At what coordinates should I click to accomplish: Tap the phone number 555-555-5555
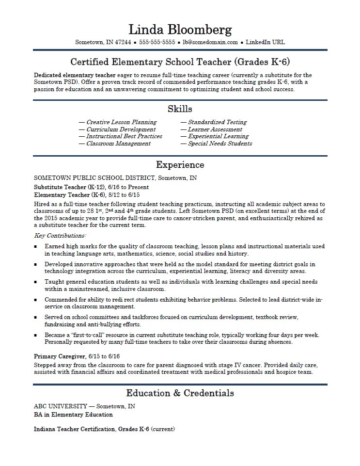[157, 42]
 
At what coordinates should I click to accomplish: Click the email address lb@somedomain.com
[211, 42]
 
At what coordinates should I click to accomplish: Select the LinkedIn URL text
[265, 42]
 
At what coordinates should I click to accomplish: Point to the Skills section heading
[180, 109]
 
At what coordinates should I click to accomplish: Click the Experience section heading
[180, 165]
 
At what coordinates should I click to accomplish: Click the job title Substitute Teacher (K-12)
[67, 187]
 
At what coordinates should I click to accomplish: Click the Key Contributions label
[60, 236]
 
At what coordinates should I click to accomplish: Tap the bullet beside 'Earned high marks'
[36, 246]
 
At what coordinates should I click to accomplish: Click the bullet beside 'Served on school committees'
[36, 317]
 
